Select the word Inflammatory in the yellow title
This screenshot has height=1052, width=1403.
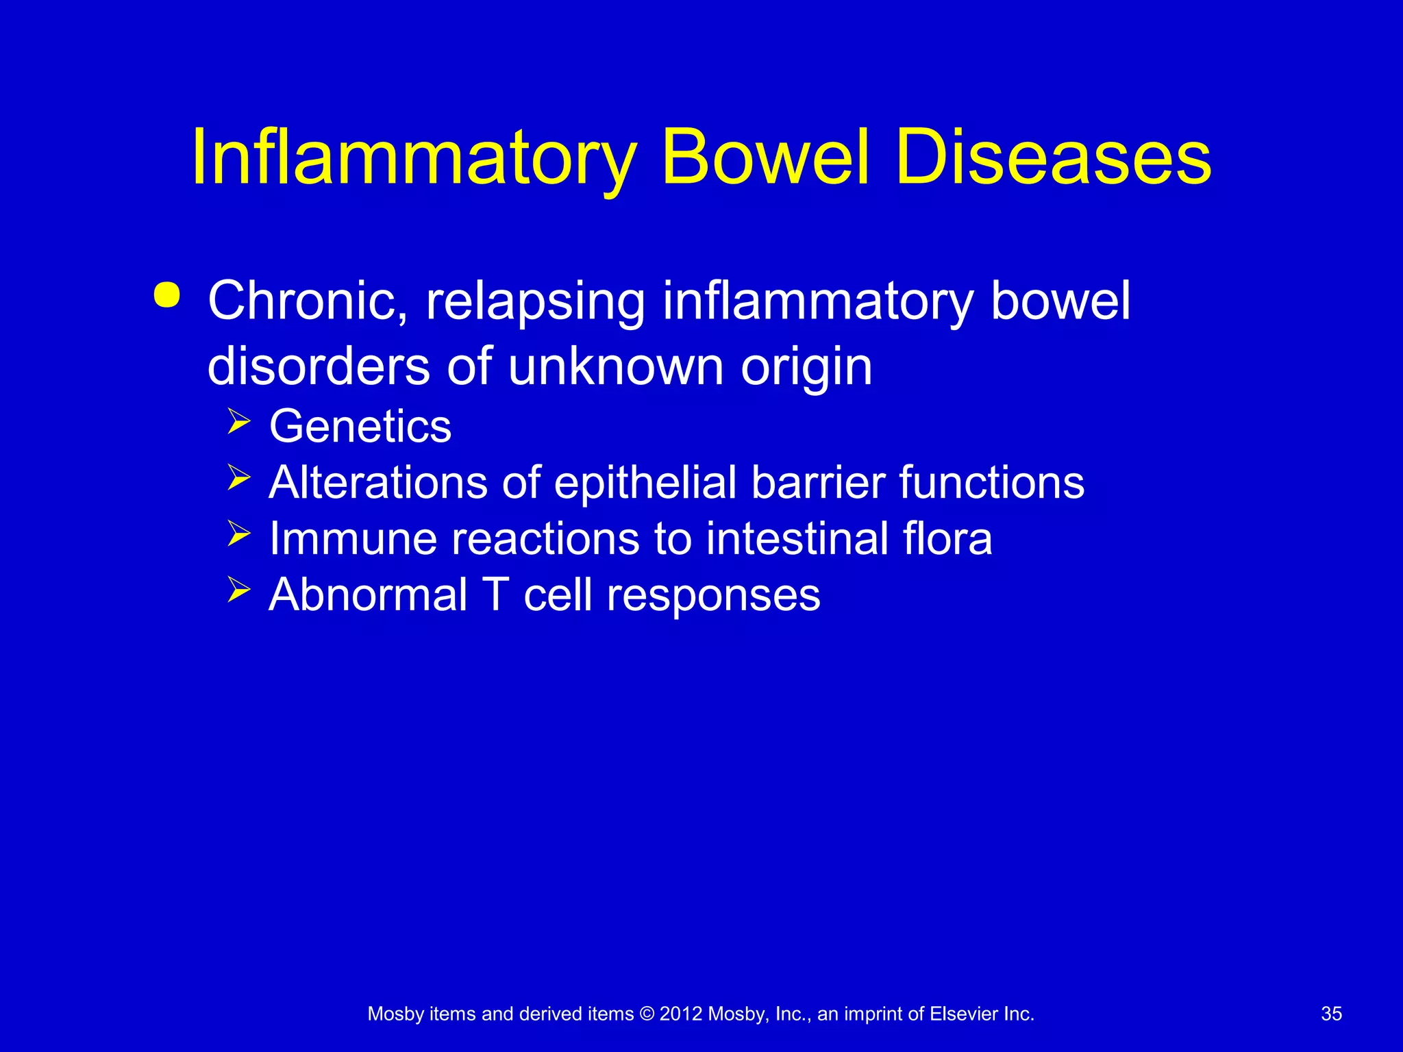(x=414, y=159)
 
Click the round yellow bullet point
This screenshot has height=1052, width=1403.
(x=167, y=296)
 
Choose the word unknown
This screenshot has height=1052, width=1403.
(x=615, y=367)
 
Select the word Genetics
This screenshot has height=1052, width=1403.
(x=360, y=427)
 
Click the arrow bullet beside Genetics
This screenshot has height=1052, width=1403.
(x=238, y=421)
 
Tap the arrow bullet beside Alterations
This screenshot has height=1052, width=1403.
(x=238, y=477)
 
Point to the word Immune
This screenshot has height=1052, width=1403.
(x=352, y=539)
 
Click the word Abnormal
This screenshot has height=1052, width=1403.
(x=368, y=595)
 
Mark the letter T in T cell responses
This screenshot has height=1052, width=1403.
(x=496, y=595)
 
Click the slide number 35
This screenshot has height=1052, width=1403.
(x=1331, y=1014)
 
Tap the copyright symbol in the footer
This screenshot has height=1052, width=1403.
(x=646, y=1014)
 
